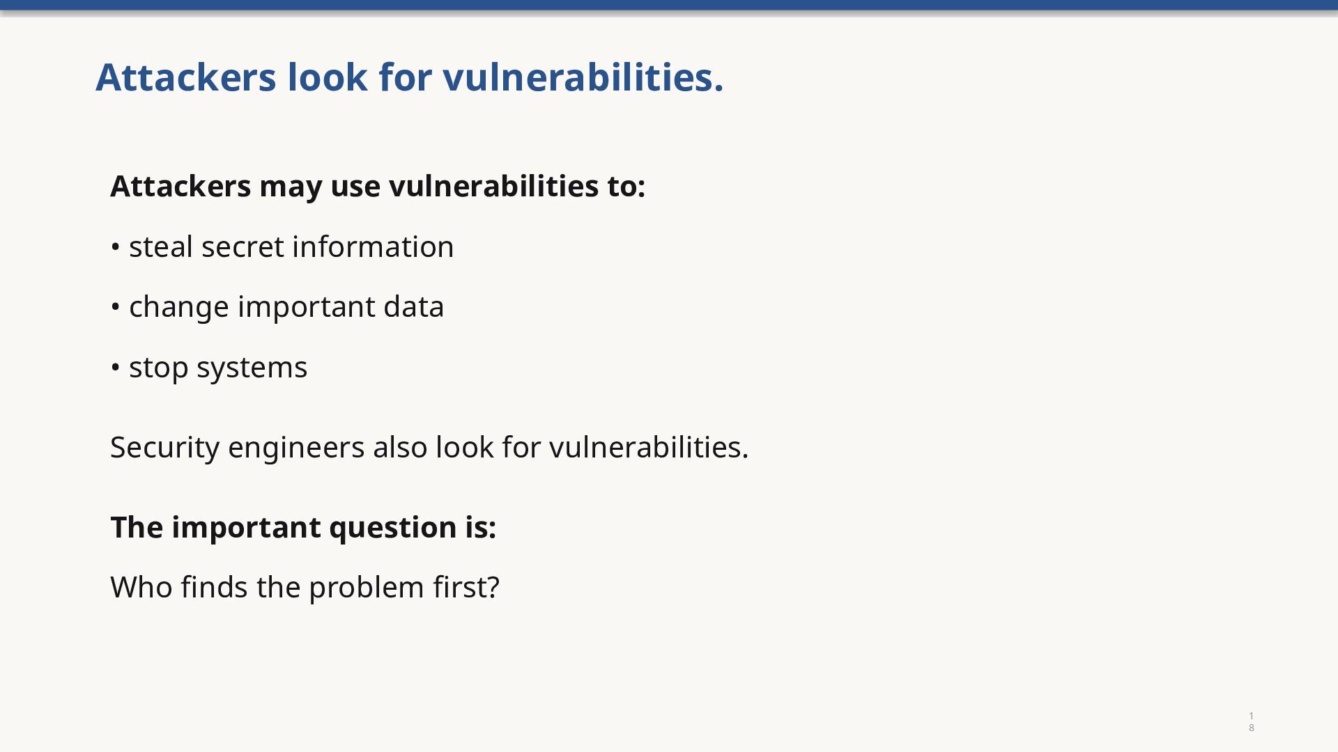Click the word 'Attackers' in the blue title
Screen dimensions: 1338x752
pos(186,77)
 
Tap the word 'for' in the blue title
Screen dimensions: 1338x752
pos(406,77)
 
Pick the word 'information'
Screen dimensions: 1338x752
pos(373,246)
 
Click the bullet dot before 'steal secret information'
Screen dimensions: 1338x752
pos(116,247)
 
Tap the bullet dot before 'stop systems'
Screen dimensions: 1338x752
pos(116,368)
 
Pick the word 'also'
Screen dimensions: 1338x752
pos(400,447)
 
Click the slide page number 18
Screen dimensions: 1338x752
pos(1252,722)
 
